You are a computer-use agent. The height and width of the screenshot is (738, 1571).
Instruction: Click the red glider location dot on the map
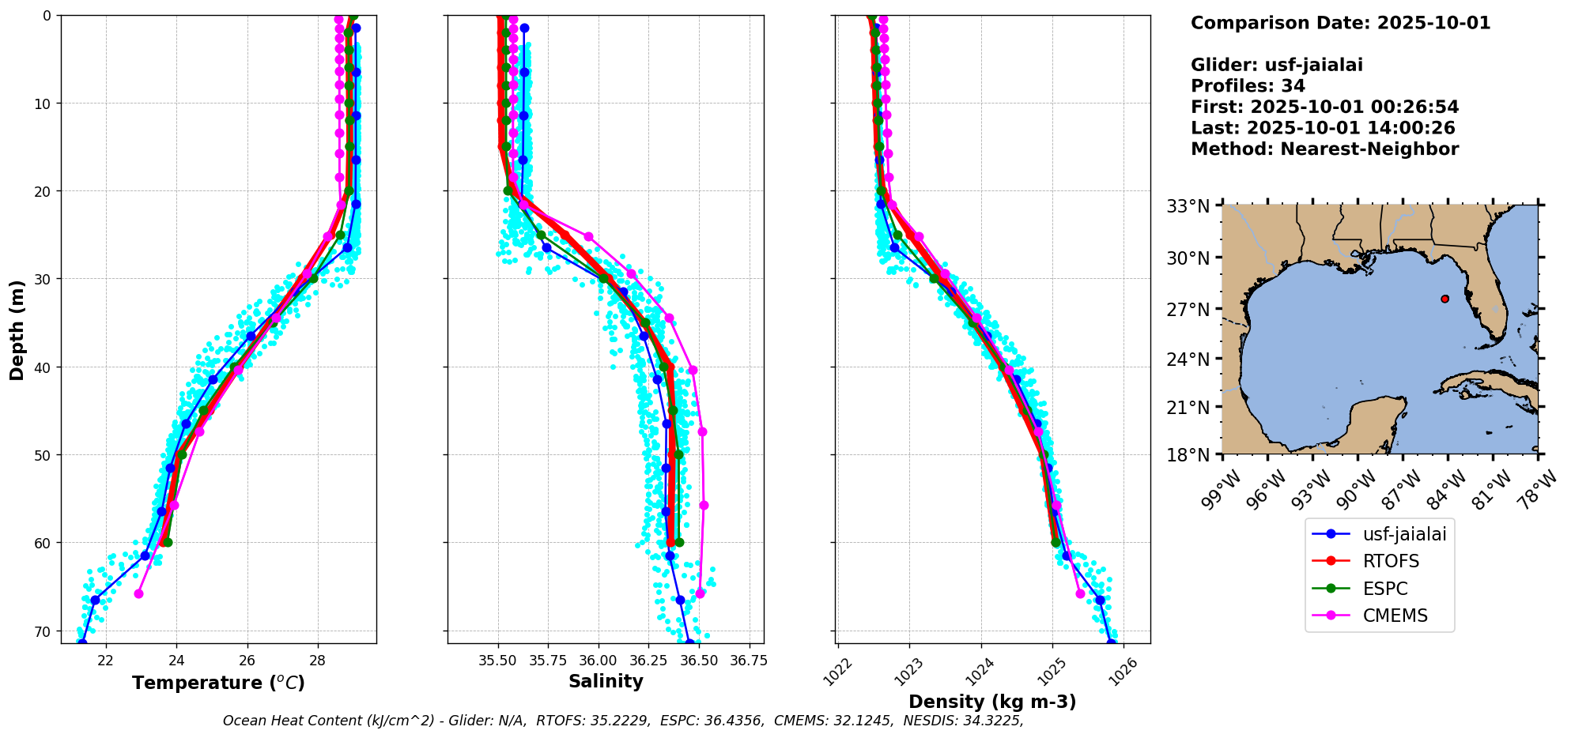point(1444,299)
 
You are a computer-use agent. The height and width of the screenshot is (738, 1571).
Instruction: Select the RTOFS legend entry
point(1391,561)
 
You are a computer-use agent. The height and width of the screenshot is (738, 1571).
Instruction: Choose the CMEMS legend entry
point(1395,616)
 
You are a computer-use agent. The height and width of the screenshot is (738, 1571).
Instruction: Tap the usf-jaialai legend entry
point(1404,534)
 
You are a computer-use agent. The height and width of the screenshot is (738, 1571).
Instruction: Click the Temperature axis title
point(218,683)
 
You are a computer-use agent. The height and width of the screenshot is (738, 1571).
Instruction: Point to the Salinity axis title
point(606,681)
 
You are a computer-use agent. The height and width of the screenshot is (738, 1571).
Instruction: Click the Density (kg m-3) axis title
point(992,702)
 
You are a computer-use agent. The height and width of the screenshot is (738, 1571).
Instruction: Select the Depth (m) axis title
point(17,329)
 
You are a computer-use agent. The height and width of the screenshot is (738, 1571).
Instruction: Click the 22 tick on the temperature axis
point(106,660)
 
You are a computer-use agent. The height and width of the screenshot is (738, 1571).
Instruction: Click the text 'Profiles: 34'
point(1248,86)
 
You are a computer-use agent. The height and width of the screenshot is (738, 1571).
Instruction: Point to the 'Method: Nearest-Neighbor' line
point(1324,149)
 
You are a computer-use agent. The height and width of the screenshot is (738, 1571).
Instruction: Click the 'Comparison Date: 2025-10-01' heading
point(1340,23)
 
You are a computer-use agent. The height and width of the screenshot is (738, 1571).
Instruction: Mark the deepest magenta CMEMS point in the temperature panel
point(138,593)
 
